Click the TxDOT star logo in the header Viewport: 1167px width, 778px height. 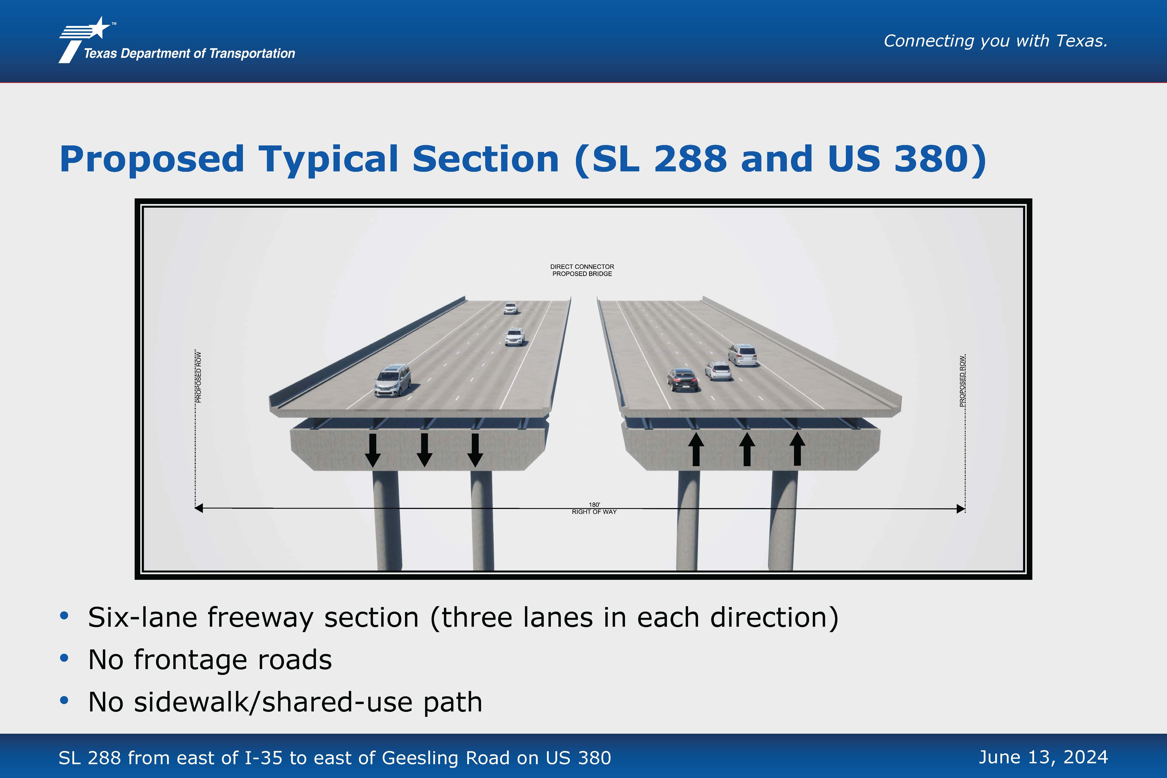tap(84, 40)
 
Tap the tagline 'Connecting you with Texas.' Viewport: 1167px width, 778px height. tap(995, 41)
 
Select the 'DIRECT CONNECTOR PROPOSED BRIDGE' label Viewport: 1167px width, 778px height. tap(582, 270)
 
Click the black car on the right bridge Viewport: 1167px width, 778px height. tap(683, 379)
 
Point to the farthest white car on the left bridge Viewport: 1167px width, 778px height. tap(510, 308)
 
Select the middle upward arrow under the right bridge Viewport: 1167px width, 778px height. tap(747, 449)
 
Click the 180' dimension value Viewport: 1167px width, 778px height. tap(595, 505)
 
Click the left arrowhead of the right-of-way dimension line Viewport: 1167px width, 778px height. tap(198, 508)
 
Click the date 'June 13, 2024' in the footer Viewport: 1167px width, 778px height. tap(1043, 757)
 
